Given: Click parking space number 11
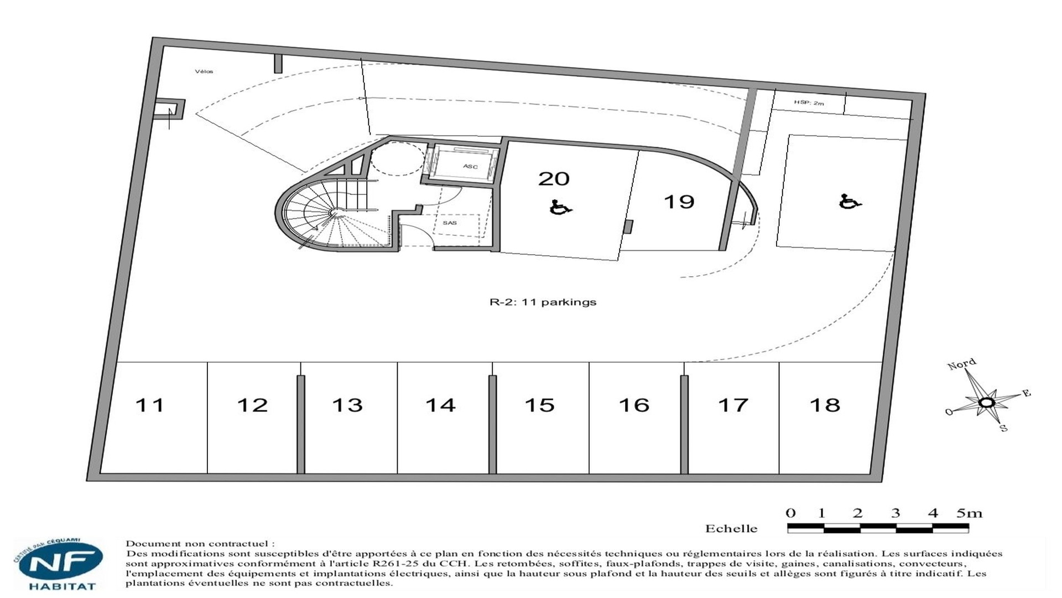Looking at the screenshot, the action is (149, 405).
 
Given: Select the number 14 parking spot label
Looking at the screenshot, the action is (440, 405).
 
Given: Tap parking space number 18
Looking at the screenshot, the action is (825, 405).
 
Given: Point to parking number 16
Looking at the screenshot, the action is (634, 405).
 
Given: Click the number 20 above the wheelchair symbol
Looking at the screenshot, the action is (554, 178).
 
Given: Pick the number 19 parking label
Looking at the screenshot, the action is (679, 202).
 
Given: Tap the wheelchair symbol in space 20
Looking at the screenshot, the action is (561, 208).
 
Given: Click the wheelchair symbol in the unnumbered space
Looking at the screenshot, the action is (850, 202).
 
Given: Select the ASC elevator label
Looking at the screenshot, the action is (470, 167).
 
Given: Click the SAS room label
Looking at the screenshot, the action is (450, 223).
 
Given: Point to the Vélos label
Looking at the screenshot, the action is (204, 71).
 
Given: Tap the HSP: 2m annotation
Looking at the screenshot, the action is (809, 103).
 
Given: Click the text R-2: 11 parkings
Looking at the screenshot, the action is (543, 302).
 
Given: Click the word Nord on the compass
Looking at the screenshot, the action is (962, 364).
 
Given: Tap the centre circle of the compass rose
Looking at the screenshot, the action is (986, 403).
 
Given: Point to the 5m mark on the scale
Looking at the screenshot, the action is (970, 513).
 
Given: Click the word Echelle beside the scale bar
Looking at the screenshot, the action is (731, 529).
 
